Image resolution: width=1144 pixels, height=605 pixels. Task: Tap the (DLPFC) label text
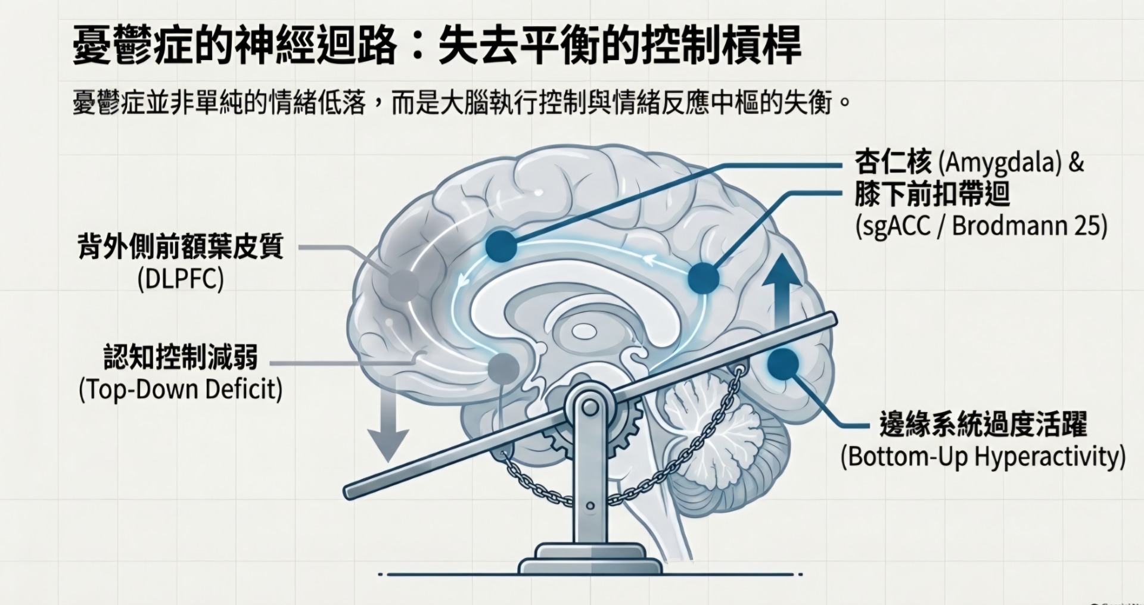[x=181, y=279]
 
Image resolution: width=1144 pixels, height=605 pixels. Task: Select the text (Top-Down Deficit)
[x=181, y=390]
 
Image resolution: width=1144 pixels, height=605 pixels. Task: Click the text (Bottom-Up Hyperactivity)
[x=983, y=457]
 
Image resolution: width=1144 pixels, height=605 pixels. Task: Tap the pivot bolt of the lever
[x=590, y=407]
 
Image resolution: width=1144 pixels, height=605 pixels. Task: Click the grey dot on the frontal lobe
[x=403, y=285]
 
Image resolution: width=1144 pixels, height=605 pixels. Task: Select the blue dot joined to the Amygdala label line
[x=501, y=245]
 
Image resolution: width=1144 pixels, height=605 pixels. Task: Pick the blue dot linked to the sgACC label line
[x=704, y=277]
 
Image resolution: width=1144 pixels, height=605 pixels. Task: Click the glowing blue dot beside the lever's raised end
[x=783, y=364]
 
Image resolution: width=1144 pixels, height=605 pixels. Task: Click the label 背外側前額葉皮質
[x=181, y=247]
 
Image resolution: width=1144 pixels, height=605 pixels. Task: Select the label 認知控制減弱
[x=181, y=357]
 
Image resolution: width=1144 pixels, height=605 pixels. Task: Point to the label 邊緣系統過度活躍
[x=983, y=424]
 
